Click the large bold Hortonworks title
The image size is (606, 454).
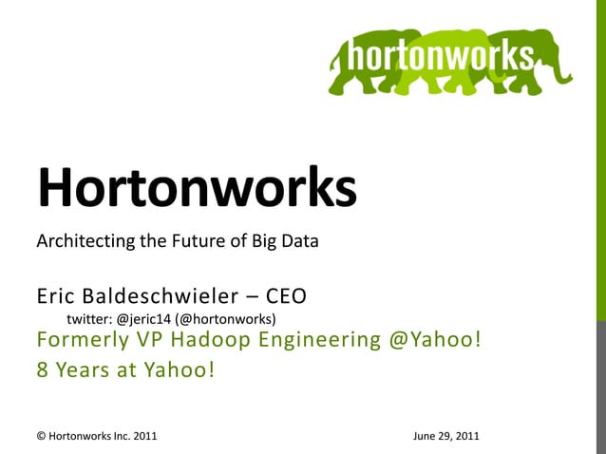click(197, 187)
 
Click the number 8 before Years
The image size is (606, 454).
click(42, 370)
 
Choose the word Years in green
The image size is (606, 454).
click(79, 370)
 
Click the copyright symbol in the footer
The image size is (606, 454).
click(41, 437)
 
